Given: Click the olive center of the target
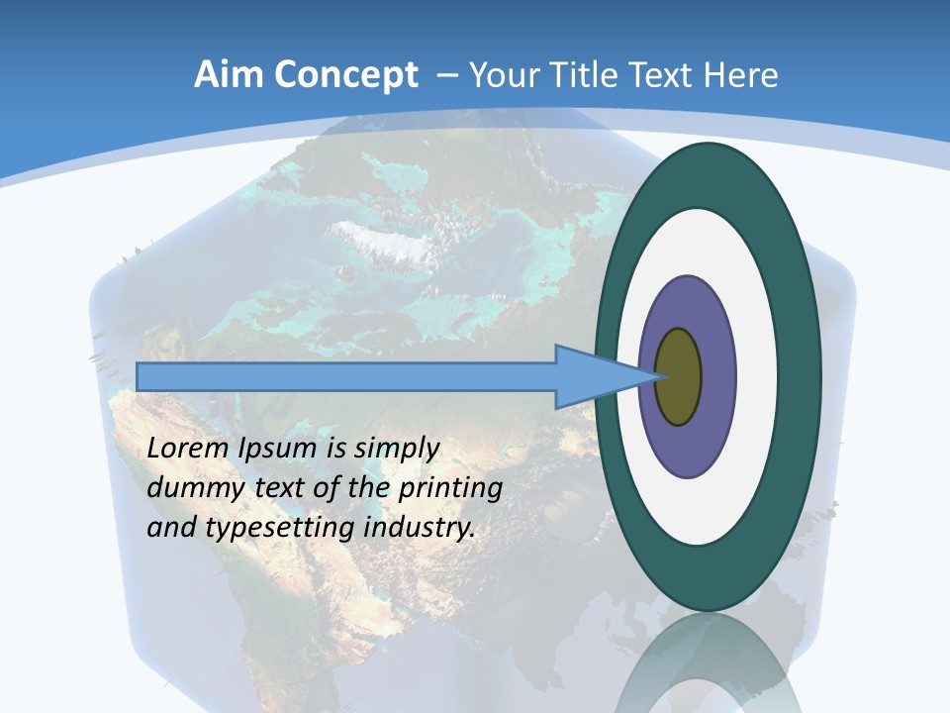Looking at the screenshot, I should [678, 376].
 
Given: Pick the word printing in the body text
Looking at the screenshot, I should [451, 488].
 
